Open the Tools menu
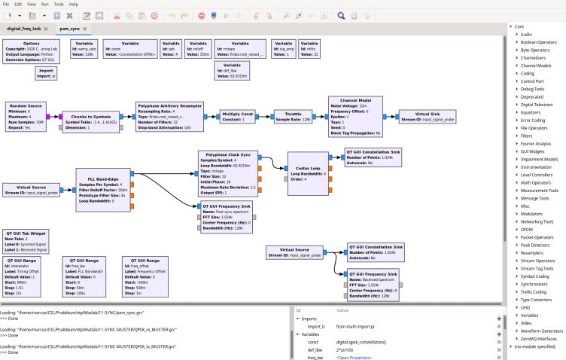click(x=57, y=4)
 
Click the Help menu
click(x=74, y=4)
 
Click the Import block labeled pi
click(x=46, y=73)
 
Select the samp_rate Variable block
click(x=84, y=48)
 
